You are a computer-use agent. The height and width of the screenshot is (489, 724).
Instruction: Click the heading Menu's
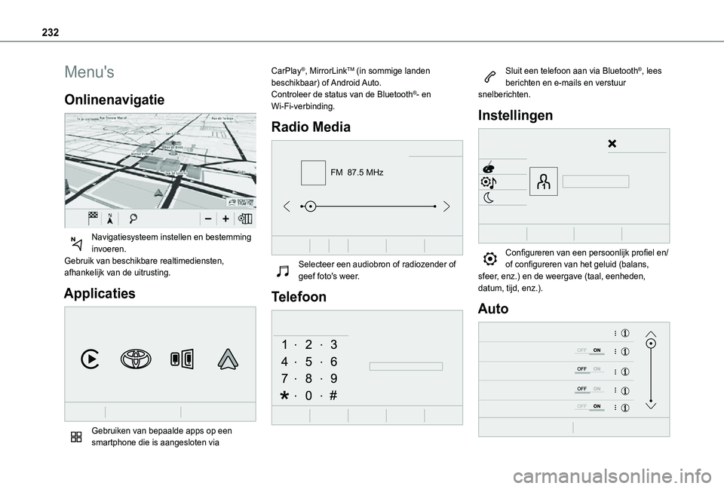coord(90,72)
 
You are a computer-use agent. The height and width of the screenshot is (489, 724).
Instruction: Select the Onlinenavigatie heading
coord(115,100)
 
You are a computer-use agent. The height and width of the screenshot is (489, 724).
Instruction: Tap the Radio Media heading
coord(311,127)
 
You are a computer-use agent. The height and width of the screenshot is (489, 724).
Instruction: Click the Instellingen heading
coord(515,115)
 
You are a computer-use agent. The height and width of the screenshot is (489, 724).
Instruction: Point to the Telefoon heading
coord(299,297)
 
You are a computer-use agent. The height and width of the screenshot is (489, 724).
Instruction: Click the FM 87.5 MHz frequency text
coord(357,173)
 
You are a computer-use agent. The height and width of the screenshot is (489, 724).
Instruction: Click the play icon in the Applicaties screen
coord(89,359)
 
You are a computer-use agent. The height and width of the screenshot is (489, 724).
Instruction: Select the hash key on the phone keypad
coord(333,395)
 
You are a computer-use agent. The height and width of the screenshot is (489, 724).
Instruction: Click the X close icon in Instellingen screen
coord(612,143)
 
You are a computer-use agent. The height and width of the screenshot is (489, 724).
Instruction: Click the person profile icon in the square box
coord(543,181)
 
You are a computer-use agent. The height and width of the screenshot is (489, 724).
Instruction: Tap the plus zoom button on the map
coord(225,218)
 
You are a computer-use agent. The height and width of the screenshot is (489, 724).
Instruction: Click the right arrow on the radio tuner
coord(446,206)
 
